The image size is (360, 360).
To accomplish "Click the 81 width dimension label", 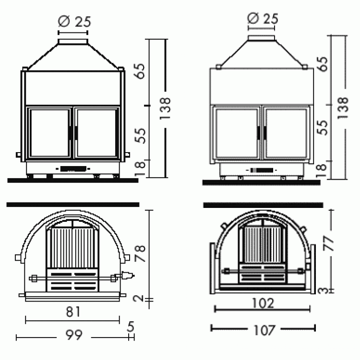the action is [73, 311].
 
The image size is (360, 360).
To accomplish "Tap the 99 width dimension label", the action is [74, 335].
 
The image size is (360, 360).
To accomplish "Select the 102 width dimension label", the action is [263, 303].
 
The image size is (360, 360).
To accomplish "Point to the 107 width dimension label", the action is [264, 330].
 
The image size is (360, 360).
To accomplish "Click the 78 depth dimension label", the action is [140, 254].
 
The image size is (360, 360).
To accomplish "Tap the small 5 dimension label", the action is [130, 327].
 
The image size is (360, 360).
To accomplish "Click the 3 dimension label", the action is [323, 291].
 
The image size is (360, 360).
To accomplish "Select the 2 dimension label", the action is [139, 298].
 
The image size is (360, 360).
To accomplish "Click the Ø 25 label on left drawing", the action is [74, 22].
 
